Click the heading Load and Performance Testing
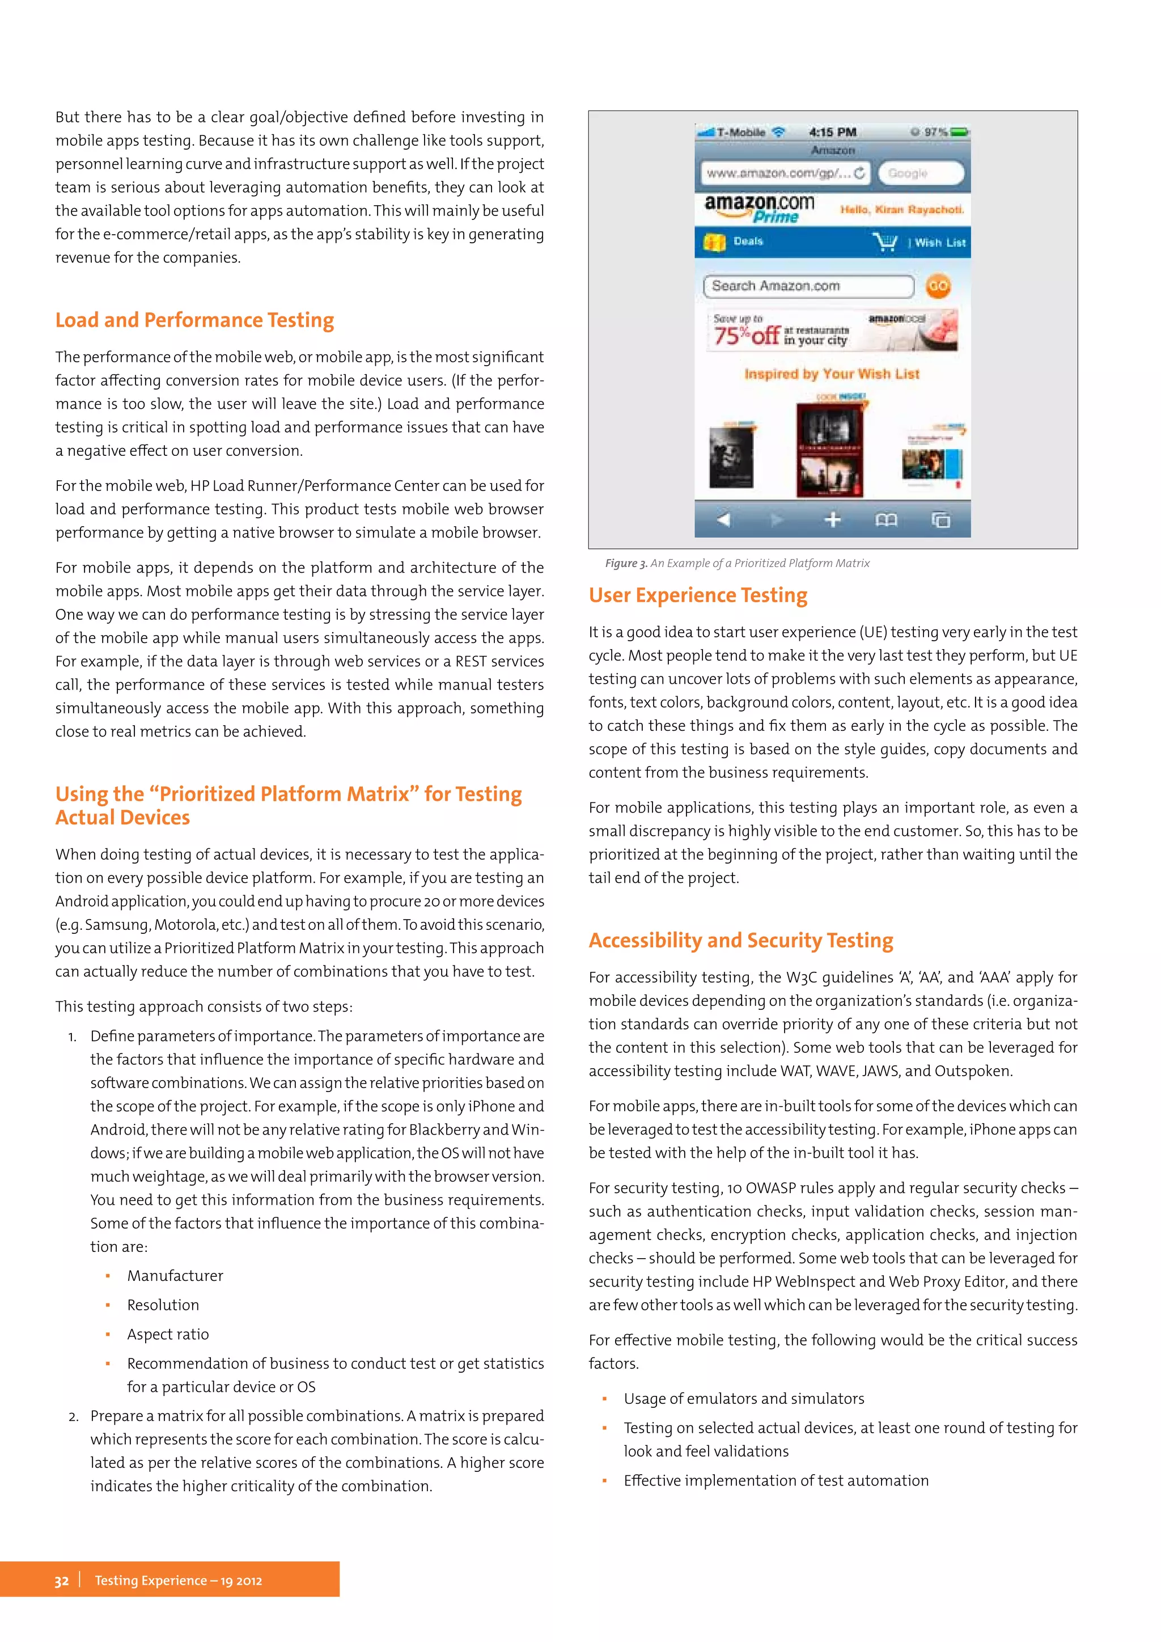[194, 320]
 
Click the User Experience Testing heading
[698, 596]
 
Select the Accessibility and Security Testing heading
[740, 941]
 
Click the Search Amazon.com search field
[808, 286]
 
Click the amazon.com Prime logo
[759, 208]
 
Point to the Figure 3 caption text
[737, 564]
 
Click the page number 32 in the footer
[61, 1581]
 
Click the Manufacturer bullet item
[175, 1276]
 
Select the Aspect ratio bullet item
[168, 1335]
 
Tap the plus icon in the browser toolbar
[832, 520]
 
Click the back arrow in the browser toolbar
[723, 520]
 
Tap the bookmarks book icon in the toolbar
[885, 520]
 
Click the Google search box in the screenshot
[925, 173]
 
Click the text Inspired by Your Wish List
[832, 374]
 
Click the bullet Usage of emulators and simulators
[744, 1399]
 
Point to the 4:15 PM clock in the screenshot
[832, 132]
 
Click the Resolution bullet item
[163, 1305]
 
